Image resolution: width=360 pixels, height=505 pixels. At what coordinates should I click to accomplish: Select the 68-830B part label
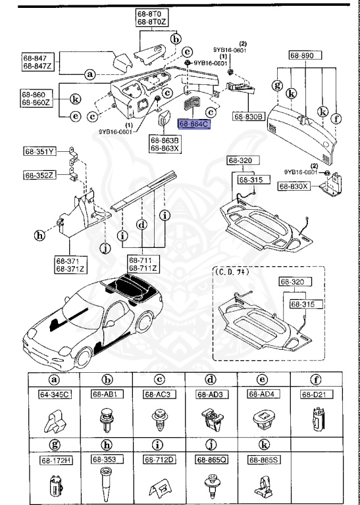pyautogui.click(x=248, y=116)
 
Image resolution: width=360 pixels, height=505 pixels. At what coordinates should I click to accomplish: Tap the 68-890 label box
pyautogui.click(x=306, y=57)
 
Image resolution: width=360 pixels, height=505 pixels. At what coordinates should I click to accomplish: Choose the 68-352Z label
pyautogui.click(x=40, y=175)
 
